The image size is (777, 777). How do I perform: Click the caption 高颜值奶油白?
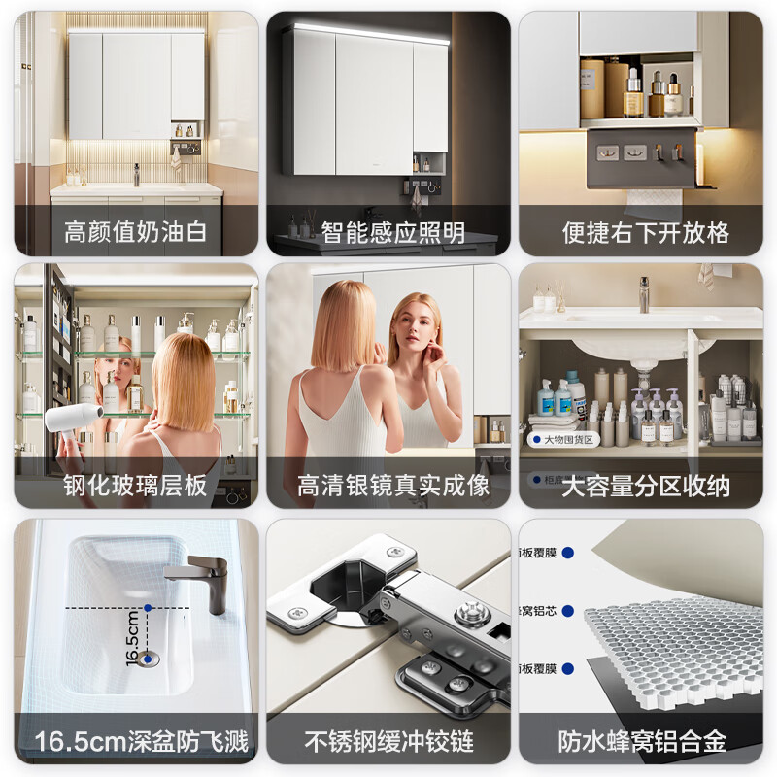(x=136, y=233)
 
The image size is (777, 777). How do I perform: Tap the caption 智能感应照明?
(x=392, y=233)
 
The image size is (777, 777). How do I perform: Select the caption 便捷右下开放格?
(x=646, y=233)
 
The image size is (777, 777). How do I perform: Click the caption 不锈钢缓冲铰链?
(x=389, y=743)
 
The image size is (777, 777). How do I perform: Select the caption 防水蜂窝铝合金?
(x=642, y=743)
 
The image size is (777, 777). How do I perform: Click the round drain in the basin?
(x=149, y=659)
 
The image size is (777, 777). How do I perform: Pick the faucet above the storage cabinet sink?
(x=643, y=294)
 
